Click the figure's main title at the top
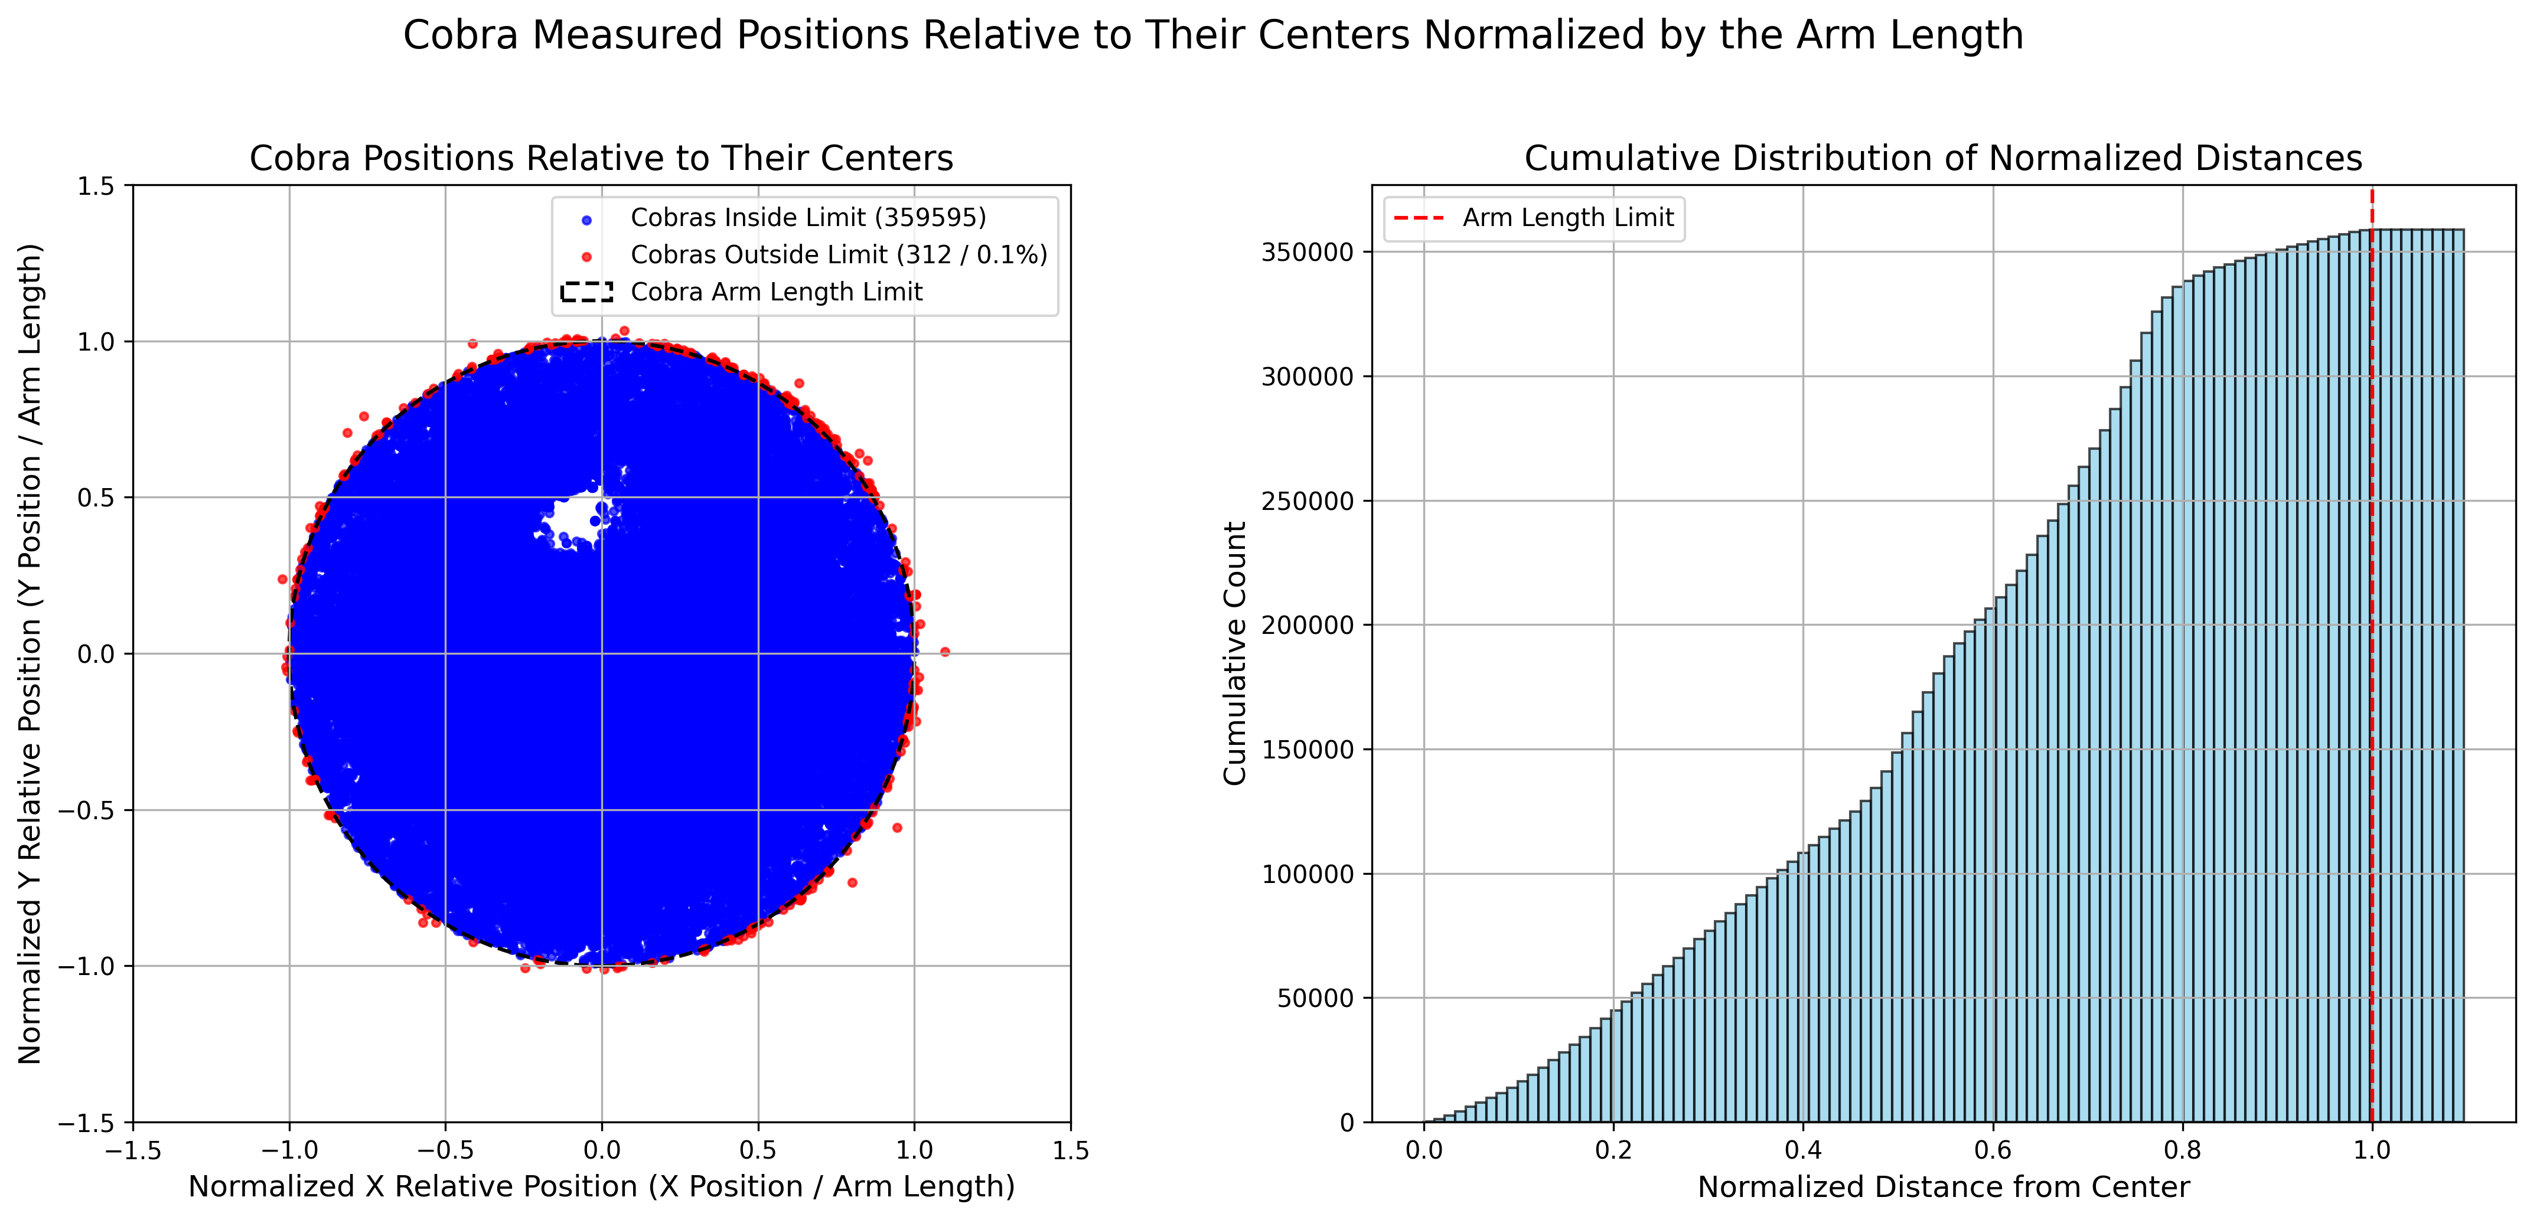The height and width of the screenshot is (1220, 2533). tap(1212, 35)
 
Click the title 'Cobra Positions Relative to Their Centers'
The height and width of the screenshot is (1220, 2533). tap(601, 158)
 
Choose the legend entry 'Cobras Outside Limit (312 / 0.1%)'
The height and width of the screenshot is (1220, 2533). tap(838, 254)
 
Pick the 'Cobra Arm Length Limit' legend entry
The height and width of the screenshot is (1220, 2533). tap(776, 292)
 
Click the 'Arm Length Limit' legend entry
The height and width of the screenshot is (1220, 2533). tap(1567, 217)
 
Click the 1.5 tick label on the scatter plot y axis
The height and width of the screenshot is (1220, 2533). tap(96, 186)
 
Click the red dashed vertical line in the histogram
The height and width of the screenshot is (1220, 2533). tap(2372, 688)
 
